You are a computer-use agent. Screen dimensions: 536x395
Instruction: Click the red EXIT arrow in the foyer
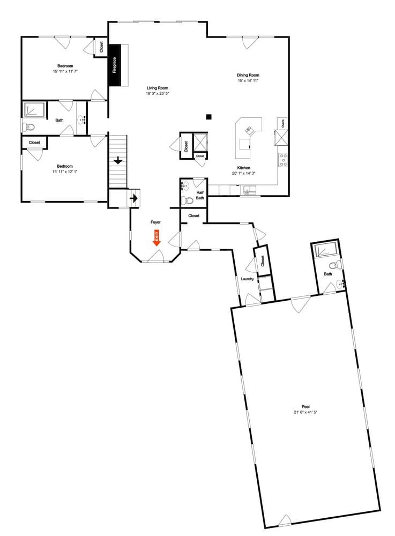point(157,238)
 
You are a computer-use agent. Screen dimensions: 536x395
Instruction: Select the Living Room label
point(158,88)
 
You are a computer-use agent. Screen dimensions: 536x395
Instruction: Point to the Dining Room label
point(248,75)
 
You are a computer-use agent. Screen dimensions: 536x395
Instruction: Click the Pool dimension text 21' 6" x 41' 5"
point(306,412)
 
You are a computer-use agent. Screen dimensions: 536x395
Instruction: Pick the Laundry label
point(247,279)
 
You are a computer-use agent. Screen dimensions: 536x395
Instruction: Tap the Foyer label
point(155,222)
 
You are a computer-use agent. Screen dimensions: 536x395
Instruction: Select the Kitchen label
point(241,168)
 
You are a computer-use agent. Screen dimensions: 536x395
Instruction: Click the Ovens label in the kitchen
point(283,123)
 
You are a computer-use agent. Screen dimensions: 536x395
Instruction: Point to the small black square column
point(209,116)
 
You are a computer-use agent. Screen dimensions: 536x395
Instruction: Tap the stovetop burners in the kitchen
point(282,159)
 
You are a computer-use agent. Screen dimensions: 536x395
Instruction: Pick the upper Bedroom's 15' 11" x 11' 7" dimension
point(65,71)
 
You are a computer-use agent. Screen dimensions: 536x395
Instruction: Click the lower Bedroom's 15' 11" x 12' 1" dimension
point(65,172)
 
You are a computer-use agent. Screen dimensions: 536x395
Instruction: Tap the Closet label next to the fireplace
point(101,47)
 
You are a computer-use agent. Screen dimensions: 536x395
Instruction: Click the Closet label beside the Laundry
point(263,261)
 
